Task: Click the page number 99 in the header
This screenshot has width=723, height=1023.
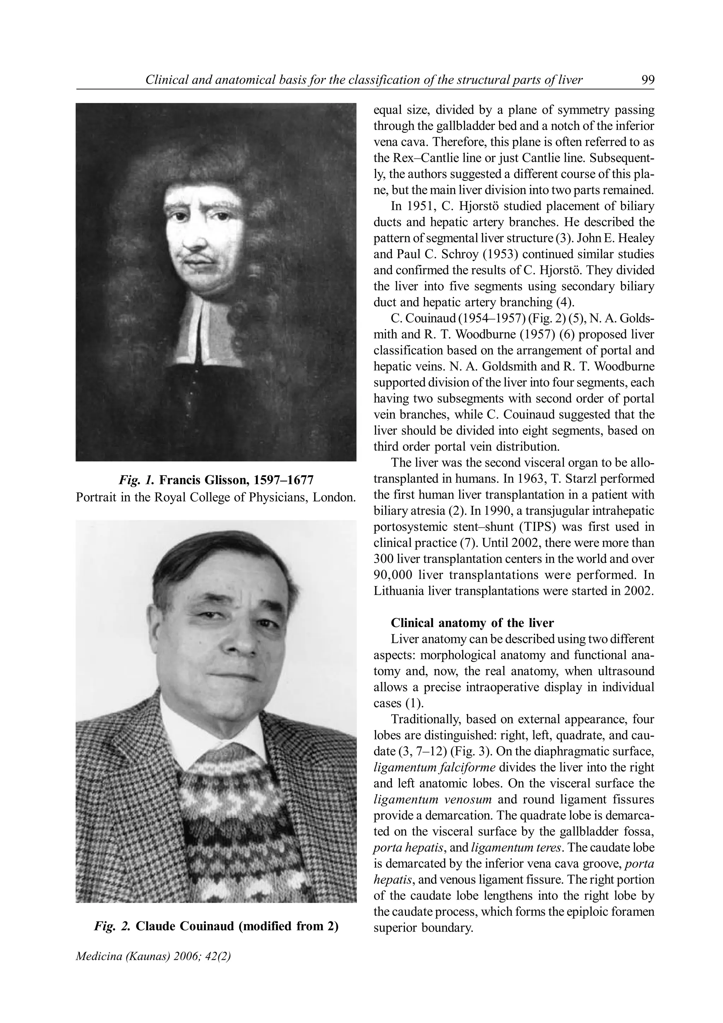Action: point(647,80)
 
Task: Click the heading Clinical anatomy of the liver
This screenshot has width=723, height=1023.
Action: point(472,622)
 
